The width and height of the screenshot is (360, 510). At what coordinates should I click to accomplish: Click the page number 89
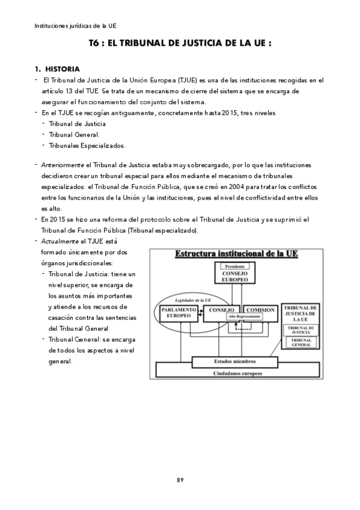tap(180, 479)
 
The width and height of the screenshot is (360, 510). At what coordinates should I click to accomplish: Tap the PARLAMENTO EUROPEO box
tap(178, 313)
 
